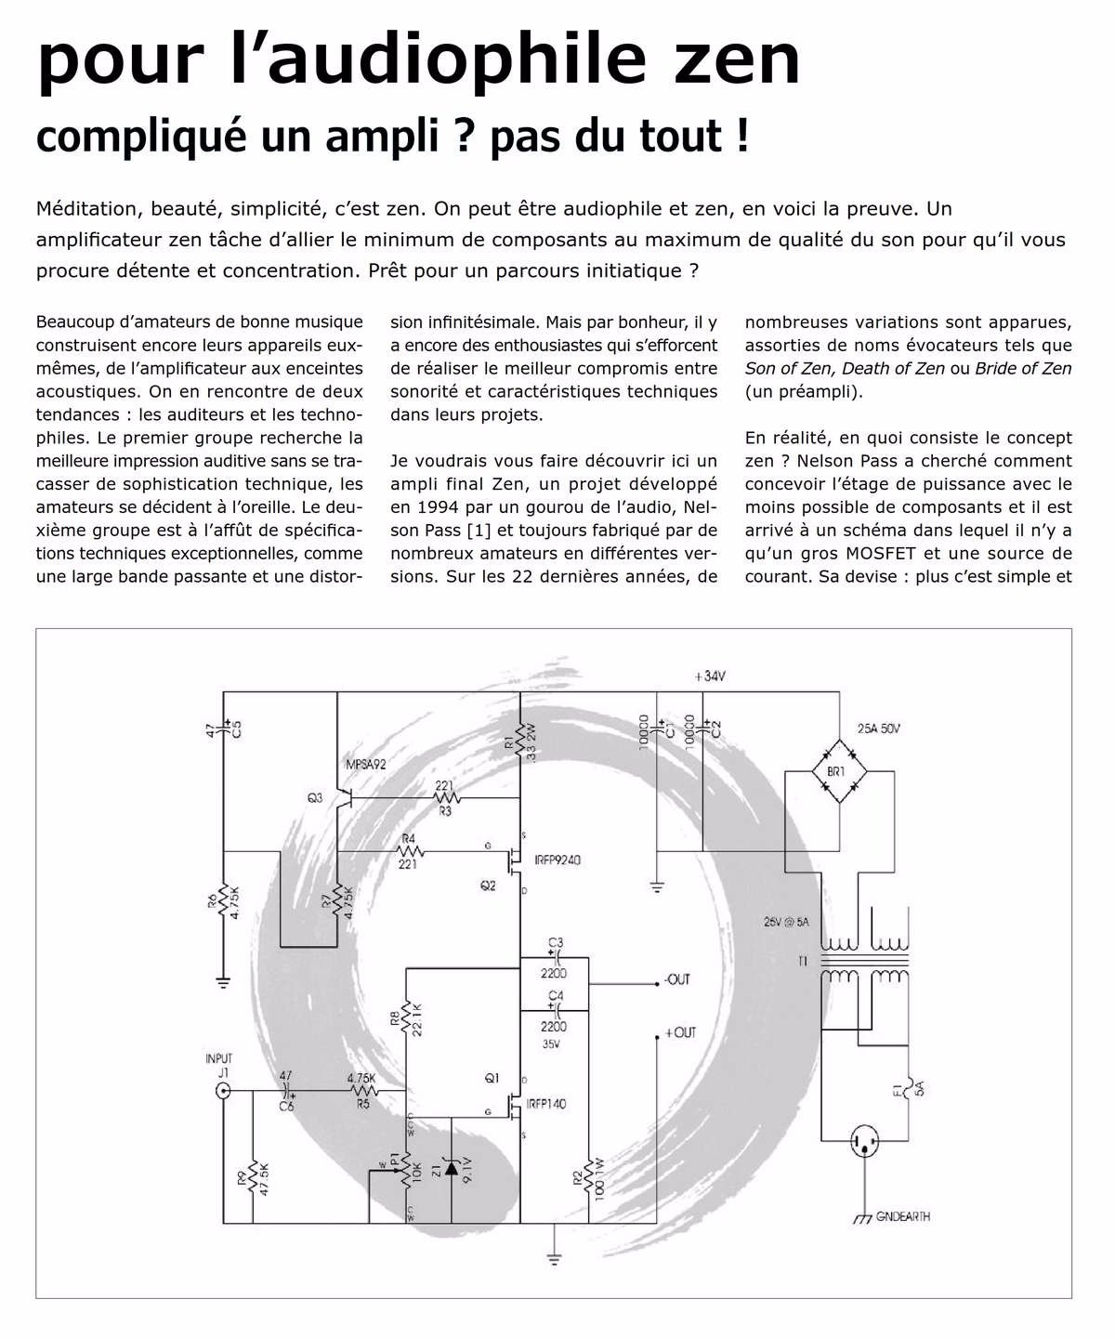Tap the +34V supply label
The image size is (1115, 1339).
click(709, 676)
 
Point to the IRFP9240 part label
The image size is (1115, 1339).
click(557, 860)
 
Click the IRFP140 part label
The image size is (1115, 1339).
click(545, 1104)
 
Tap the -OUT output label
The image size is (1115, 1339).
click(676, 979)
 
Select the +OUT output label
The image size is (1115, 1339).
click(680, 1032)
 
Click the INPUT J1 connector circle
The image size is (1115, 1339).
click(223, 1093)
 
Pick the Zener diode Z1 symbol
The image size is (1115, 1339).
click(451, 1169)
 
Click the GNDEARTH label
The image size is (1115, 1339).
click(902, 1216)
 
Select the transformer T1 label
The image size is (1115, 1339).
click(802, 962)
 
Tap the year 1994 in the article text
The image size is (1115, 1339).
click(410, 507)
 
